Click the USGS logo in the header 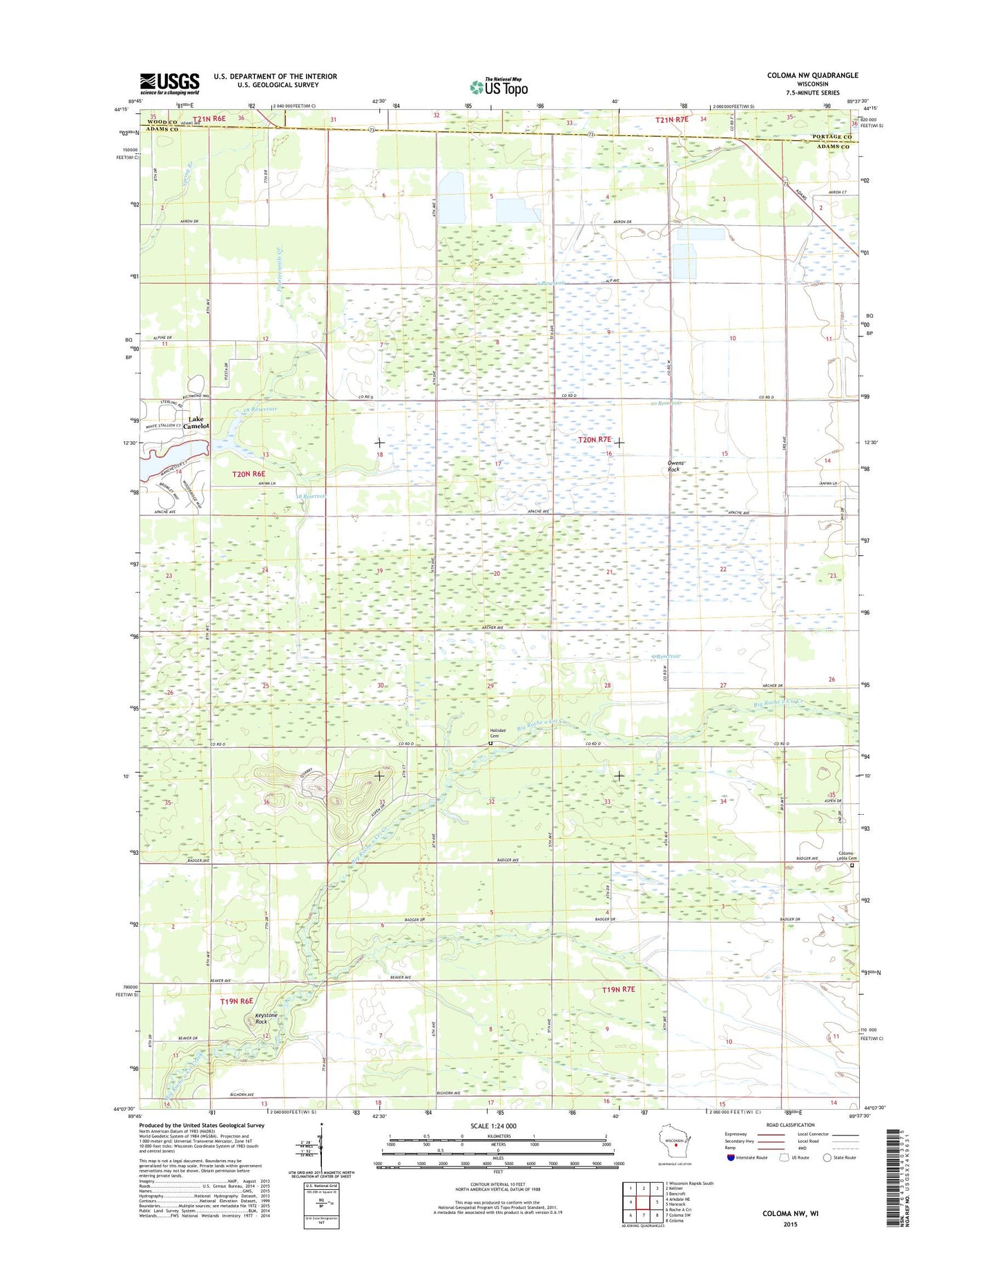coord(169,84)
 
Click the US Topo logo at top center coord(499,87)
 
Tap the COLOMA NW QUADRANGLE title coord(812,75)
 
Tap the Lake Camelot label coord(197,423)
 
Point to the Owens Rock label coord(674,466)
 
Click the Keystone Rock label coord(267,1019)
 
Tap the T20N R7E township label coord(595,439)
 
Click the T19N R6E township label coord(237,1001)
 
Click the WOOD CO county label coord(160,122)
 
